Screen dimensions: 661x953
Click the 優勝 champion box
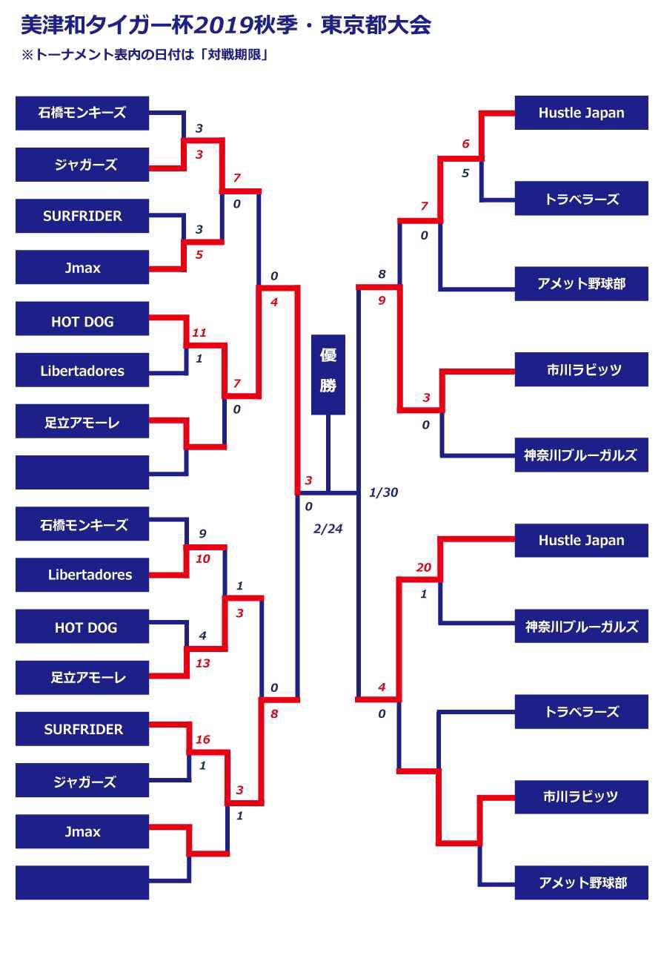tap(328, 375)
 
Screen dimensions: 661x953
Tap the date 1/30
tap(383, 492)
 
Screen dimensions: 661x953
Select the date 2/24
tap(328, 529)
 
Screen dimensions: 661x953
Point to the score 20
tap(423, 567)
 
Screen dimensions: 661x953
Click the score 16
tap(203, 739)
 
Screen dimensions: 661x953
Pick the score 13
tap(203, 663)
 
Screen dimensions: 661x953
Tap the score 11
tap(199, 332)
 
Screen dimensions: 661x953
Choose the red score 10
tap(203, 558)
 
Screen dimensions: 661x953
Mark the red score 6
tap(465, 144)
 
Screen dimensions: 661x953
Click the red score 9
tap(382, 300)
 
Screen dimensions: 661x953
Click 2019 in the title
tap(223, 25)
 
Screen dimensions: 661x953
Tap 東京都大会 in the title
tap(376, 25)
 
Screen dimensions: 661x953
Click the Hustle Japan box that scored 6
tap(581, 113)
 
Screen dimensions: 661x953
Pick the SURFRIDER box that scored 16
tap(82, 729)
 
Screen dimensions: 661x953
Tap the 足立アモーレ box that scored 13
tap(82, 677)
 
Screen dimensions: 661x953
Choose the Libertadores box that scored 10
tap(82, 575)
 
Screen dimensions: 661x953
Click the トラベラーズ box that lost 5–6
tap(581, 198)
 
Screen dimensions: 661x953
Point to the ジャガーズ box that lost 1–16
tap(82, 780)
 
